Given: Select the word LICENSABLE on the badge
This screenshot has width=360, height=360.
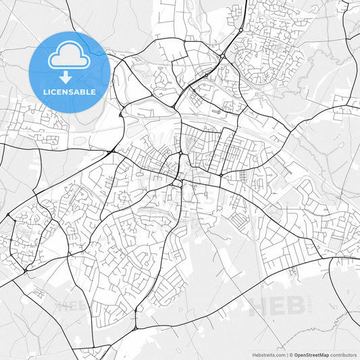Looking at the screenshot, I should [70, 91].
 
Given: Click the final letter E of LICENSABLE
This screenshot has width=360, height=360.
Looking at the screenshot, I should [93, 91].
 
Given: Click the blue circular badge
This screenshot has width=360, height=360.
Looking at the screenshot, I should [70, 72].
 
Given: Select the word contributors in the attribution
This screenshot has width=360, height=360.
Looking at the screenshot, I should [344, 354].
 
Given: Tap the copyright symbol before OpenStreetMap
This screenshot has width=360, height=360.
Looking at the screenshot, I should [290, 354].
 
